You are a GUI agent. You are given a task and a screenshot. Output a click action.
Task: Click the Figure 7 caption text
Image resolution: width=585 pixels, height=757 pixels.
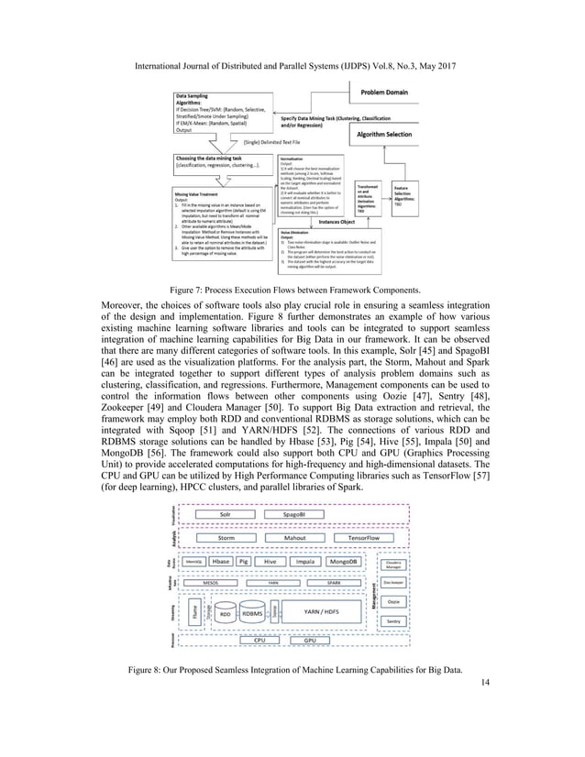pos(292,289)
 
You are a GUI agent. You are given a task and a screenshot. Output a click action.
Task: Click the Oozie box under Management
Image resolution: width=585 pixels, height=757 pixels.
pos(394,602)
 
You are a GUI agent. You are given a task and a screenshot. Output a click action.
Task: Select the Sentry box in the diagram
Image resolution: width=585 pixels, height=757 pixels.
pos(394,620)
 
